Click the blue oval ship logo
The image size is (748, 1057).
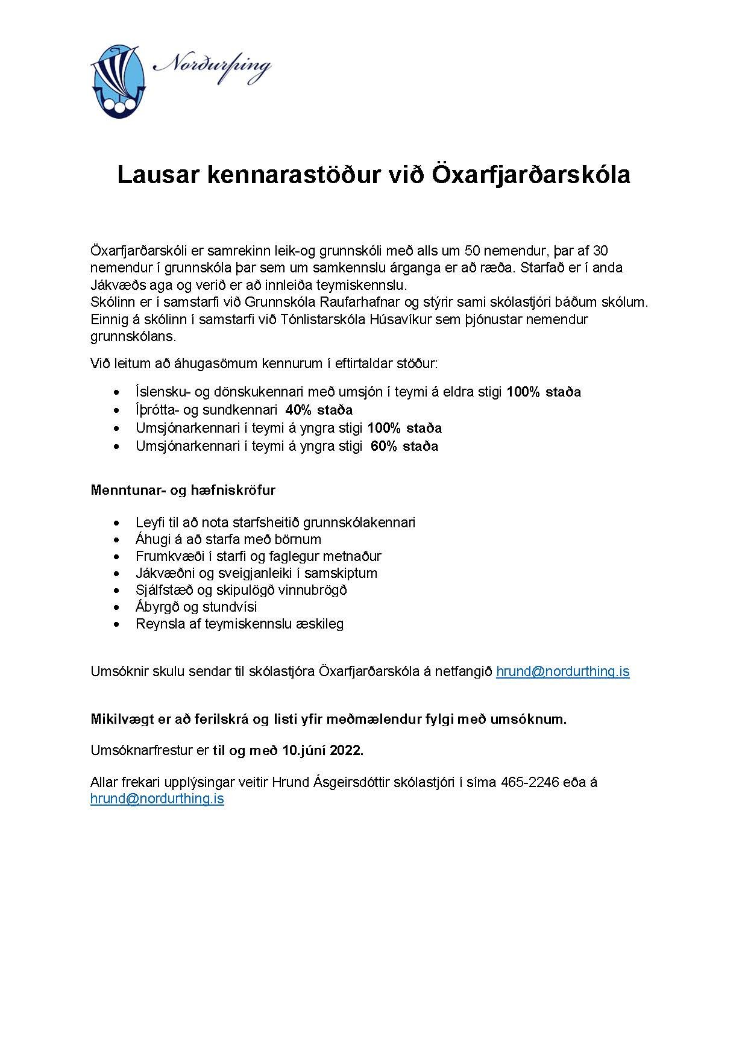click(118, 80)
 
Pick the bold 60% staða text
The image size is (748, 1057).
click(404, 446)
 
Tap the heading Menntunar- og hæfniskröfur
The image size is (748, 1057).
click(183, 490)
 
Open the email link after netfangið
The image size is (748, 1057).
click(562, 671)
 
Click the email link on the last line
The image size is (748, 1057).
click(157, 799)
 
